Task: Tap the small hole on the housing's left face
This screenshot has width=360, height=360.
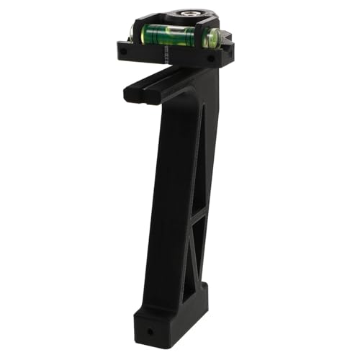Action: (x=125, y=53)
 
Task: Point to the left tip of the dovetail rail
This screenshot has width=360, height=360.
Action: (x=129, y=94)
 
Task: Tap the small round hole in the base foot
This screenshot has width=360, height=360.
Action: (x=151, y=333)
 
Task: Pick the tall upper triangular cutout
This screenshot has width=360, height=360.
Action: (x=202, y=158)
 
